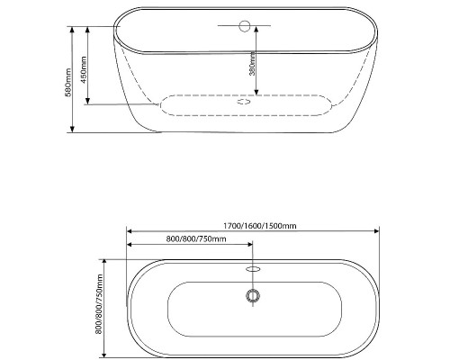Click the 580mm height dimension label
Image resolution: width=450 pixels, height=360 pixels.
pos(68,83)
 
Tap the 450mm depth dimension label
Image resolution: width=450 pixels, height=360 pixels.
pos(84,69)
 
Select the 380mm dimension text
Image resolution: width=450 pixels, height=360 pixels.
pos(252,63)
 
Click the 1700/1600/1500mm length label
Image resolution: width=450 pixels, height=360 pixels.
pos(260,226)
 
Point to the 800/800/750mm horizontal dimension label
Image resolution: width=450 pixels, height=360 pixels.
pos(196,238)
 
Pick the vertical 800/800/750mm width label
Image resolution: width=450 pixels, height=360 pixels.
pos(99,304)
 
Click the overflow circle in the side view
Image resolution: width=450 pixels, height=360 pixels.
pos(245,26)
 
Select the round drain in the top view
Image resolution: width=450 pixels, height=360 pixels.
pos(253,296)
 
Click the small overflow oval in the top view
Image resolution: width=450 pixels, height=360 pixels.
pos(253,269)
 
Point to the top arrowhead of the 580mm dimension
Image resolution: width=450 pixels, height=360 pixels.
pos(72,29)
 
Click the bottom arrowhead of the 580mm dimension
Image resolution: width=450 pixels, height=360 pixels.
pos(72,129)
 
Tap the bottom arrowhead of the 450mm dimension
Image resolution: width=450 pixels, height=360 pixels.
pos(87,101)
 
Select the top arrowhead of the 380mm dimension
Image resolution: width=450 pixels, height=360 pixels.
pos(256,30)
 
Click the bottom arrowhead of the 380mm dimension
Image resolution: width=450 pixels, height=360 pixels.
pos(256,92)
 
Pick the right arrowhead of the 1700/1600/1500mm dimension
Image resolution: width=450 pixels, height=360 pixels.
pos(376,231)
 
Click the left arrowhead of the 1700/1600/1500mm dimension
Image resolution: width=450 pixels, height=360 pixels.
pos(130,231)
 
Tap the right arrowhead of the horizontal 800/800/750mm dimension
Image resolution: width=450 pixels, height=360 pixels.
pos(249,245)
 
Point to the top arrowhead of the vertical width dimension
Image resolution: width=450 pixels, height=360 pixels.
pos(104,263)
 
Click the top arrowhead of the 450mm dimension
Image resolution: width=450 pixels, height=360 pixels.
pos(87,30)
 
